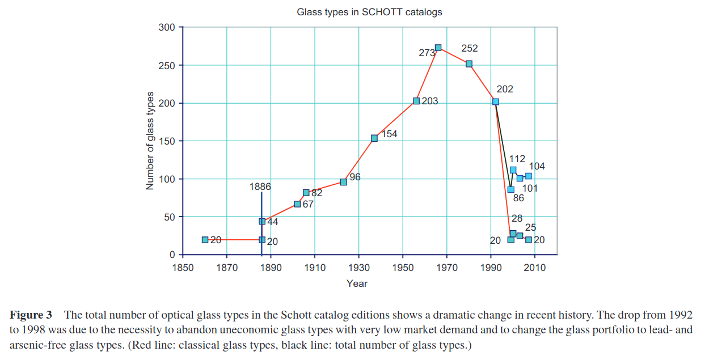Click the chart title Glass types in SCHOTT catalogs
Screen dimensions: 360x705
pyautogui.click(x=369, y=11)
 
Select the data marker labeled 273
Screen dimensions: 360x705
pyautogui.click(x=438, y=48)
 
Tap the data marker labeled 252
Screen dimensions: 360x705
pyautogui.click(x=469, y=64)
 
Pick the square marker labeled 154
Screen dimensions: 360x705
pyautogui.click(x=374, y=138)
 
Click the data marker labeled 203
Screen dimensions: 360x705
pyautogui.click(x=416, y=101)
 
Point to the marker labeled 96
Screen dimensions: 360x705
pyautogui.click(x=343, y=182)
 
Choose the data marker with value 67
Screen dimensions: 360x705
pyautogui.click(x=297, y=204)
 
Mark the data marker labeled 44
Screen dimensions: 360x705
pyautogui.click(x=262, y=222)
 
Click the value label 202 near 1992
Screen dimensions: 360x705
pyautogui.click(x=504, y=90)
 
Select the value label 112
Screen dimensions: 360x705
pyautogui.click(x=517, y=159)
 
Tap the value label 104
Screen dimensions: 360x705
pyautogui.click(x=537, y=166)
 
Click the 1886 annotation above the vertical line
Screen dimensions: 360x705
pyautogui.click(x=260, y=187)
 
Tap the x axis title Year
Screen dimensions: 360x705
pyautogui.click(x=357, y=283)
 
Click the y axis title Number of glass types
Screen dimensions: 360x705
pyautogui.click(x=150, y=140)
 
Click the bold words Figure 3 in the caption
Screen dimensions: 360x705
pyautogui.click(x=31, y=315)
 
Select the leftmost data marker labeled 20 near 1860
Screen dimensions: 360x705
pyautogui.click(x=205, y=240)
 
